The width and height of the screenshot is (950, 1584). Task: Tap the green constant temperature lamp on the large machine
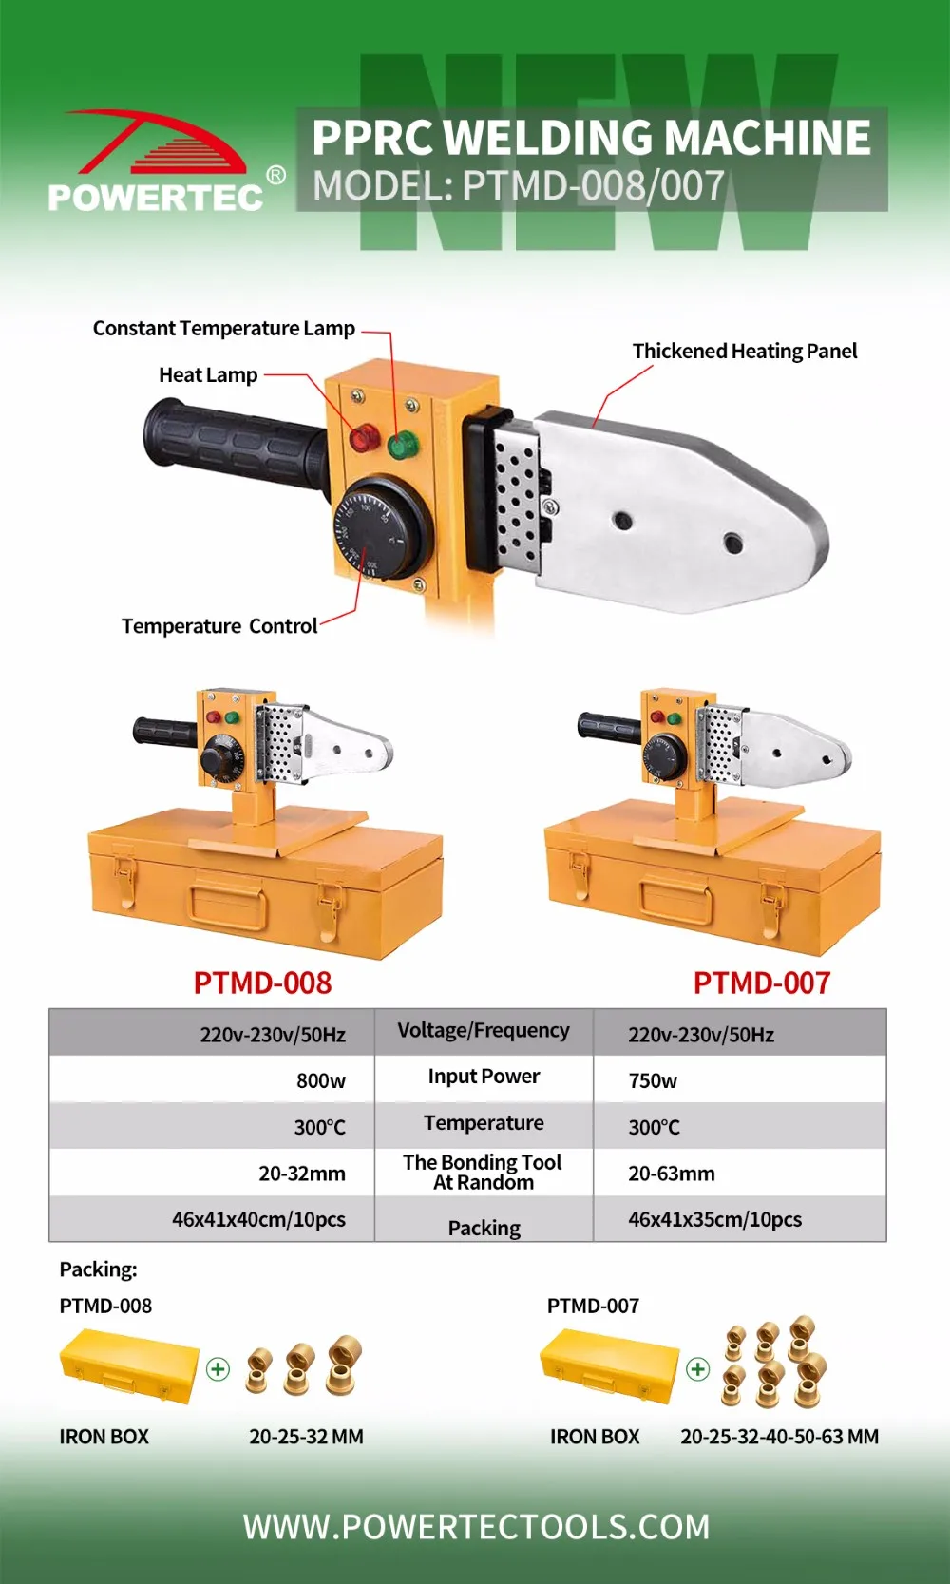coord(403,444)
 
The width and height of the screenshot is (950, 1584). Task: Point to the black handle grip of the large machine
coord(233,444)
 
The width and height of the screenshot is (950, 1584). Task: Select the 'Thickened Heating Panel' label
coord(744,352)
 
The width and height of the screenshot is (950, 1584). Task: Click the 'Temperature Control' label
coord(219,626)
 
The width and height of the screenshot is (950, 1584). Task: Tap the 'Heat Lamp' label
coord(208,375)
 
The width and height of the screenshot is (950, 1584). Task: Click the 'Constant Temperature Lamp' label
coord(224,329)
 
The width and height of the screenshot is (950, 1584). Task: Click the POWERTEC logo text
coord(156,197)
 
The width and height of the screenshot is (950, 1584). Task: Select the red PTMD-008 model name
coord(263,983)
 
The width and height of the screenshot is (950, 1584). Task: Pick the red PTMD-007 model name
coord(762,983)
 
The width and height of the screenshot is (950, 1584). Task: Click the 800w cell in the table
coord(321,1080)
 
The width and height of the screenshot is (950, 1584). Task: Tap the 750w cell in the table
coord(653,1080)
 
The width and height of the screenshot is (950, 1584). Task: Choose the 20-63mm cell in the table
coord(672,1174)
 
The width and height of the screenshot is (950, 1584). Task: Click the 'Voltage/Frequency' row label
coord(484,1031)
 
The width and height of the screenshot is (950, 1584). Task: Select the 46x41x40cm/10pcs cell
coord(258,1219)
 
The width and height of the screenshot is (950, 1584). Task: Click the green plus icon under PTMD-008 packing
coord(218,1369)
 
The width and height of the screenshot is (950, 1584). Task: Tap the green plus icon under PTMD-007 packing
coord(698,1369)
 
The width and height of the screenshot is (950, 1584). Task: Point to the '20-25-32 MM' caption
coord(306,1437)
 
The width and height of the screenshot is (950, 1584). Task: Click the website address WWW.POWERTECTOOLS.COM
coord(476,1527)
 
